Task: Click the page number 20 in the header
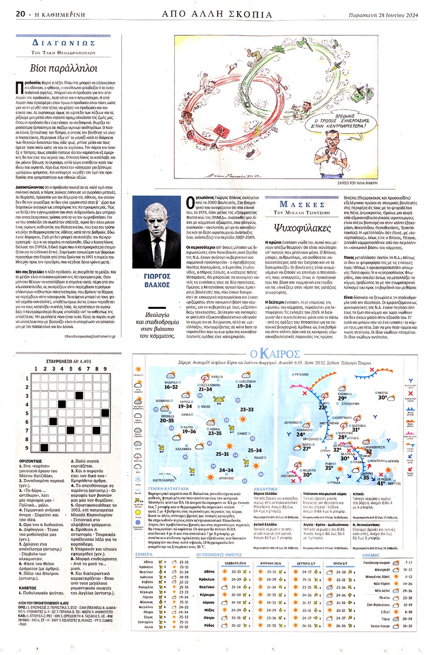click(x=20, y=14)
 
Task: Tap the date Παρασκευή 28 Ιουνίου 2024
click(x=383, y=15)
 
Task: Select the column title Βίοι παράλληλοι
click(x=63, y=68)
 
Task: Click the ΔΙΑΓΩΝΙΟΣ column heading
click(x=63, y=43)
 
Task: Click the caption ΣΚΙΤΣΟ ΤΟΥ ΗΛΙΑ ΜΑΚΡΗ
click(x=357, y=183)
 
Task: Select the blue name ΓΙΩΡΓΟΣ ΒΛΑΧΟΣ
click(x=157, y=281)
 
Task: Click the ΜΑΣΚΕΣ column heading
click(x=302, y=205)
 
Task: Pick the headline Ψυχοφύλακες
click(x=302, y=228)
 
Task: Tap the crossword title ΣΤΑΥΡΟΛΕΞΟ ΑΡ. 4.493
click(x=68, y=361)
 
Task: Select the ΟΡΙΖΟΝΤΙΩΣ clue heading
click(x=31, y=461)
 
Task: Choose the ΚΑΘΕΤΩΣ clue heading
click(x=27, y=588)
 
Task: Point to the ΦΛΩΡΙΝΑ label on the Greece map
click(x=171, y=382)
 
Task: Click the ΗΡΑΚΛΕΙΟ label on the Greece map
click(x=226, y=478)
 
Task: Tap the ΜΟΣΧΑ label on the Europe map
click(x=382, y=392)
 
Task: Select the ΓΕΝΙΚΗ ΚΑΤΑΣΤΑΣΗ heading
click(x=168, y=489)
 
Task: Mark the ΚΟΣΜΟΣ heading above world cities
click(x=371, y=555)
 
